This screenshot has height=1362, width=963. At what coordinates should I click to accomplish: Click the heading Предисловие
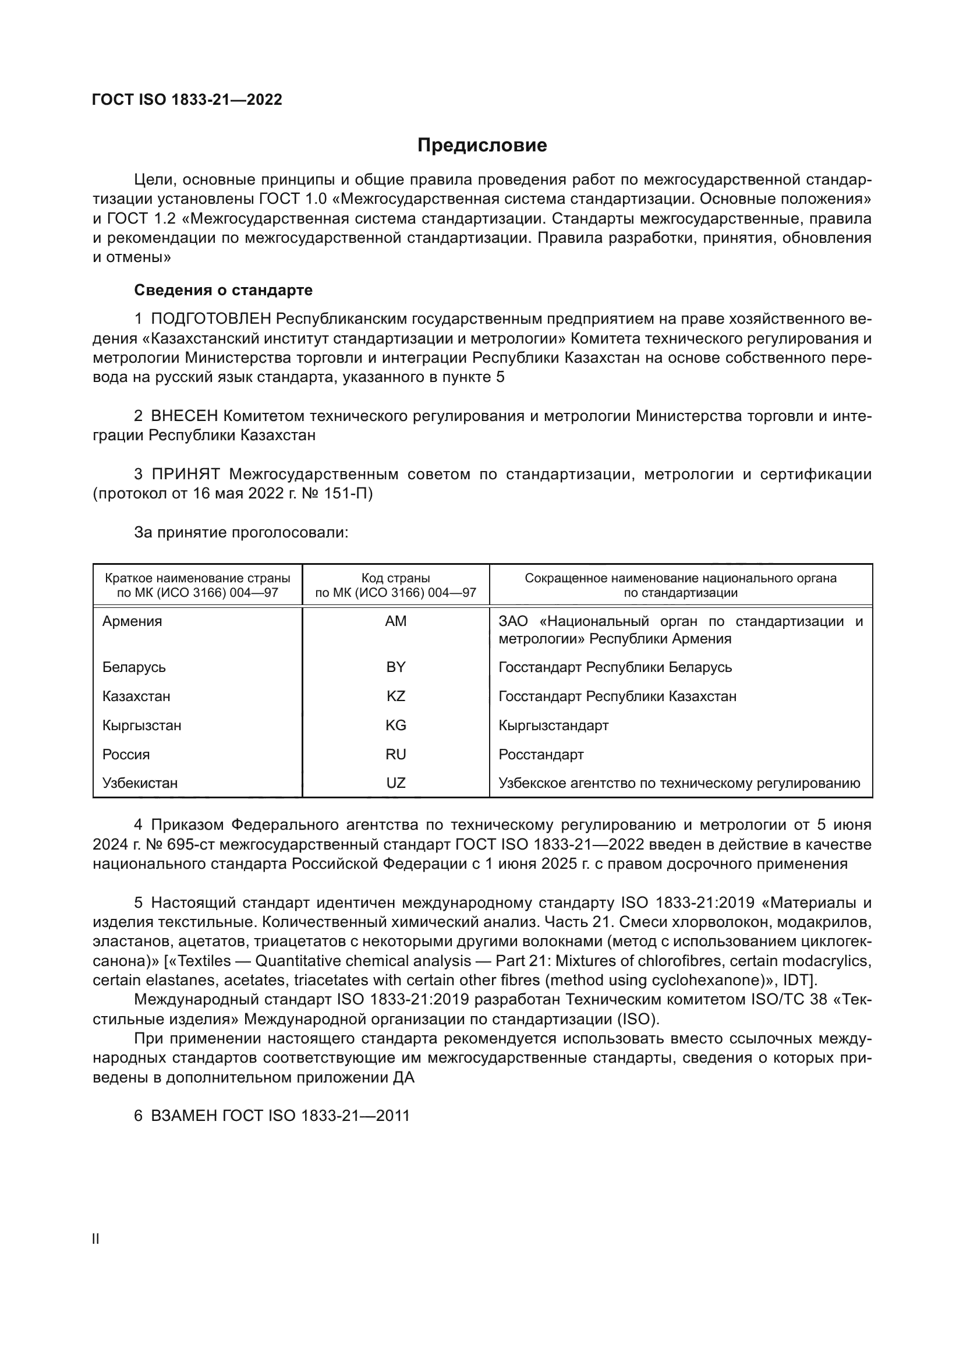[x=481, y=146]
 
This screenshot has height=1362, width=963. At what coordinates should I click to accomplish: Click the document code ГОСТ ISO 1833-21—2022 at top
[x=187, y=100]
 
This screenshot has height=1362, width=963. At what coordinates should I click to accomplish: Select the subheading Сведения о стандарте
[x=223, y=290]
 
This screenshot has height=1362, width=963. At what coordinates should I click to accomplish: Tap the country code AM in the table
[x=395, y=621]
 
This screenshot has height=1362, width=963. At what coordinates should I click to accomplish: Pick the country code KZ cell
[x=395, y=696]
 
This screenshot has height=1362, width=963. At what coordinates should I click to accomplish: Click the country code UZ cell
[x=395, y=783]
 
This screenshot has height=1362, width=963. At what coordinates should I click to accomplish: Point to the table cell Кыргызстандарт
[x=553, y=725]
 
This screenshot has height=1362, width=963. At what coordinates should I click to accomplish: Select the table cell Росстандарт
[x=541, y=754]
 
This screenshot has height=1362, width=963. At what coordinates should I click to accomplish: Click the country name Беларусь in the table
[x=134, y=667]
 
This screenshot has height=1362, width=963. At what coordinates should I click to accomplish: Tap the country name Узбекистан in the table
[x=140, y=783]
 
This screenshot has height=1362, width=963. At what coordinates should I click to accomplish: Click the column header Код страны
[x=395, y=578]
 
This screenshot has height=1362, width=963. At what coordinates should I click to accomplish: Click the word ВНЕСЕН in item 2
[x=185, y=416]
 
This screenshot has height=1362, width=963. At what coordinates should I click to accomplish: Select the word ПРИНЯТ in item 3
[x=186, y=474]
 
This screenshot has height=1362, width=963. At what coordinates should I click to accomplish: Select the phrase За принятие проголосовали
[x=241, y=532]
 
